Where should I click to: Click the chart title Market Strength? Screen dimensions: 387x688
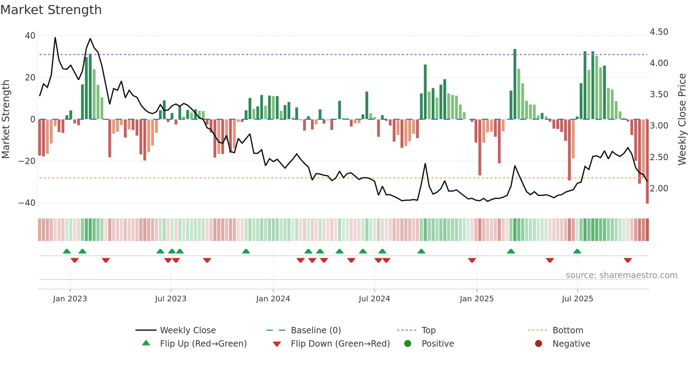coord(51,10)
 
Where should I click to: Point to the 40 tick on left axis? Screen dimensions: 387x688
coord(30,36)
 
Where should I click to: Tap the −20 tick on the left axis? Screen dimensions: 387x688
coord(27,161)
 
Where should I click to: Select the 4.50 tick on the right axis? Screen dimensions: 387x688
coord(659,32)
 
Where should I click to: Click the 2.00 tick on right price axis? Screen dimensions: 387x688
coord(659,189)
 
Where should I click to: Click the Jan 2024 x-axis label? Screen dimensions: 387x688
coord(273,299)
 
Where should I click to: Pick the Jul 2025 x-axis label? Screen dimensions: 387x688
coord(577,299)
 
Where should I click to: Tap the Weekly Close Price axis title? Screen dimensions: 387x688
coord(682,119)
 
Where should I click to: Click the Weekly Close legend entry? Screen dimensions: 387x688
coord(187,330)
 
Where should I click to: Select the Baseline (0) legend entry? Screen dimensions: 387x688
coord(316,330)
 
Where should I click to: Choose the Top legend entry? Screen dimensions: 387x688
coord(428,330)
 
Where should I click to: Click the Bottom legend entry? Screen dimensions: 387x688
coord(568,330)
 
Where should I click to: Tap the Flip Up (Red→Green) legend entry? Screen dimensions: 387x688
coord(203,344)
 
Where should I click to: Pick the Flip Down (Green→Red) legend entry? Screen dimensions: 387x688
coord(340,344)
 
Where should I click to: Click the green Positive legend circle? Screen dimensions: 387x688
coord(408,343)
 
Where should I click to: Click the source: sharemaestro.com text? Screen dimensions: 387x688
coord(621,275)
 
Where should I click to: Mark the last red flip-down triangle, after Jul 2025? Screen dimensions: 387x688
coord(628,260)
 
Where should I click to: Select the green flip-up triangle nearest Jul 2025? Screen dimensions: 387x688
coord(577,251)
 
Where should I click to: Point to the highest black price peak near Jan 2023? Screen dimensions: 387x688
coord(55,38)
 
